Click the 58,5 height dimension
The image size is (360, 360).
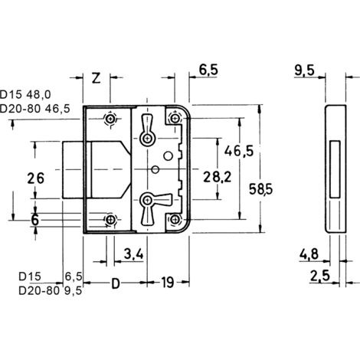click(260, 189)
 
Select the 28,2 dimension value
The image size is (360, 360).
click(218, 177)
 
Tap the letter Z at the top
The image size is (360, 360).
click(97, 78)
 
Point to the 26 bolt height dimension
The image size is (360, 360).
click(35, 178)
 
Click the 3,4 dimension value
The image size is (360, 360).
click(133, 254)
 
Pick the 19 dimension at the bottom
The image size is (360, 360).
click(168, 283)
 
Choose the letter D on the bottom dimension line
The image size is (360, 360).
click(116, 283)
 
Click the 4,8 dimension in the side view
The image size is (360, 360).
click(309, 254)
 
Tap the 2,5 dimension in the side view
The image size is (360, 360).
click(320, 276)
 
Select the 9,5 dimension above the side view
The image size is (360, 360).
click(304, 70)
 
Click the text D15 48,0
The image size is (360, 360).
click(25, 95)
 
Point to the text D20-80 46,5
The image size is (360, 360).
click(34, 109)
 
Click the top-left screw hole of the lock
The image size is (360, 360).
click(110, 119)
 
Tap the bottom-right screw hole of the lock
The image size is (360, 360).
click(175, 219)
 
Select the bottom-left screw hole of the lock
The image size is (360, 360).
click(110, 220)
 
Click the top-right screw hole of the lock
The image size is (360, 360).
click(175, 118)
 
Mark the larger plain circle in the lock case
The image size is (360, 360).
click(168, 155)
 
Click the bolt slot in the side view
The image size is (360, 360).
click(335, 169)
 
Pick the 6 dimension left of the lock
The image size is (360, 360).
click(34, 220)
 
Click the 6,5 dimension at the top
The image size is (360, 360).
click(208, 70)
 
